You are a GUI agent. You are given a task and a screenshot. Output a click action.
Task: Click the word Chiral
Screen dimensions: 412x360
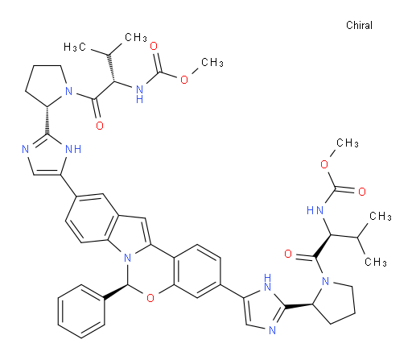pyautogui.click(x=359, y=26)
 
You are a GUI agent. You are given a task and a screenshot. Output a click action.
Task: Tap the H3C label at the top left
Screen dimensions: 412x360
pyautogui.click(x=75, y=48)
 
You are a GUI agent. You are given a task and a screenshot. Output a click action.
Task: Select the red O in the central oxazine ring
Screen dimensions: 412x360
pyautogui.click(x=150, y=298)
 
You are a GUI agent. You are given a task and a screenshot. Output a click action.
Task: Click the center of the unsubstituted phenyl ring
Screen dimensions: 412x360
pyautogui.click(x=81, y=312)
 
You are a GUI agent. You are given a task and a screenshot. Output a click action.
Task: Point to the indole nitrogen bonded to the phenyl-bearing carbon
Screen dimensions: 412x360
pyautogui.click(x=127, y=259)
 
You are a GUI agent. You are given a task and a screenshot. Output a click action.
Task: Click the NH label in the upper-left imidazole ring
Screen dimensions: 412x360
pyautogui.click(x=73, y=149)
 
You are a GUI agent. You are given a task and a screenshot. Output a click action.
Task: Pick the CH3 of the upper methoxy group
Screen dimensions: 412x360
pyautogui.click(x=212, y=63)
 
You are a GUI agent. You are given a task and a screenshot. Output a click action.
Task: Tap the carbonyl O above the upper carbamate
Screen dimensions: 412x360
pyautogui.click(x=154, y=46)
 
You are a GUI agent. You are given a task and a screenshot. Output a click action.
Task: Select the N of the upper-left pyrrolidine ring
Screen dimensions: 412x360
pyautogui.click(x=69, y=92)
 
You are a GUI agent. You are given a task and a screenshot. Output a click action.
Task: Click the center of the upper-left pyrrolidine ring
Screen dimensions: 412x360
pyautogui.click(x=47, y=83)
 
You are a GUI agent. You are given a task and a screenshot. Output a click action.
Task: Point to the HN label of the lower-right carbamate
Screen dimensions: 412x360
pyautogui.click(x=315, y=210)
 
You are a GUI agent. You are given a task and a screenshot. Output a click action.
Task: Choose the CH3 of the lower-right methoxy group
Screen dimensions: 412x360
pyautogui.click(x=348, y=143)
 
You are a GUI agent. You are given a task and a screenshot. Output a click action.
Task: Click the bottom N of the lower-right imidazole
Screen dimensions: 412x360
pyautogui.click(x=272, y=330)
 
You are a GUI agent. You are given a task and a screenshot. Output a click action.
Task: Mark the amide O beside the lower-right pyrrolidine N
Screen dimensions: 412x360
pyautogui.click(x=288, y=254)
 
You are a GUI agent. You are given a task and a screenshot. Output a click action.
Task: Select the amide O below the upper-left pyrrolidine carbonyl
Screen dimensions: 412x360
pyautogui.click(x=100, y=126)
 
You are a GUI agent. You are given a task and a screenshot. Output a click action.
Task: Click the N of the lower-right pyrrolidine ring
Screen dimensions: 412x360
pyautogui.click(x=325, y=281)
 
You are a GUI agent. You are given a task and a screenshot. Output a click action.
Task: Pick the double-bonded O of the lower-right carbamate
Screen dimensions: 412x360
pyautogui.click(x=362, y=192)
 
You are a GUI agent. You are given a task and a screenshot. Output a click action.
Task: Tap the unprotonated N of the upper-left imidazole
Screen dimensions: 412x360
pyautogui.click(x=26, y=149)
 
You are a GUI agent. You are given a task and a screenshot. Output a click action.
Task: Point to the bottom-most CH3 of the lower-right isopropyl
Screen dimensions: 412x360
pyautogui.click(x=376, y=262)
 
